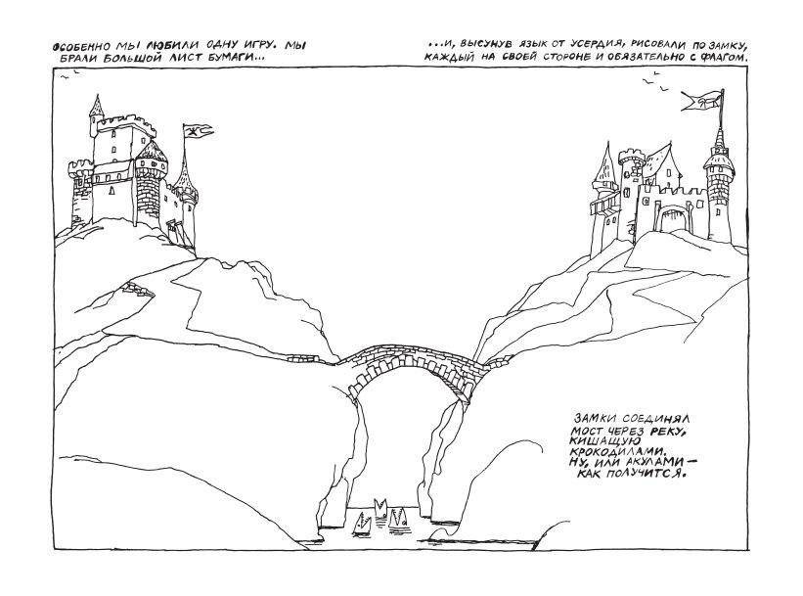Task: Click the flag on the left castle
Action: [198, 131]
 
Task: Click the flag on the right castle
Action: [702, 101]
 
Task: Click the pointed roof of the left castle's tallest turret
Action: [96, 107]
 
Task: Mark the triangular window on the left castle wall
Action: [112, 191]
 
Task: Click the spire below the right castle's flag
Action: [720, 138]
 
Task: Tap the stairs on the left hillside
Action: [138, 290]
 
